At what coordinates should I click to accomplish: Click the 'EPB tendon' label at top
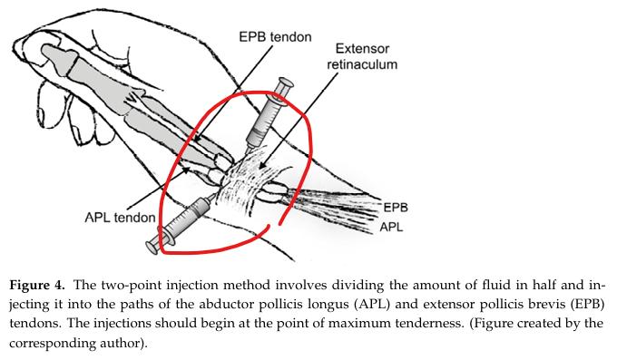[x=275, y=37]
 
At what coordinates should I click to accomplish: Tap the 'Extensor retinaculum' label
[x=362, y=56]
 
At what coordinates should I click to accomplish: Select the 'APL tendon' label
[x=120, y=218]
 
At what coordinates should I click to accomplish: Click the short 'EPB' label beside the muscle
[x=396, y=208]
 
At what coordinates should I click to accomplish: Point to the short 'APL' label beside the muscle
[x=391, y=227]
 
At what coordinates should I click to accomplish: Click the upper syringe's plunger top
[x=285, y=83]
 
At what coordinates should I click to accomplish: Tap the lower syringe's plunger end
[x=152, y=247]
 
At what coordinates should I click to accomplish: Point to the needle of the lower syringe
[x=212, y=195]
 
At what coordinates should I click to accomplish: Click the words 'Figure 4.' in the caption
[x=36, y=285]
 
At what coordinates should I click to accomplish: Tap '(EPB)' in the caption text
[x=588, y=305]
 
